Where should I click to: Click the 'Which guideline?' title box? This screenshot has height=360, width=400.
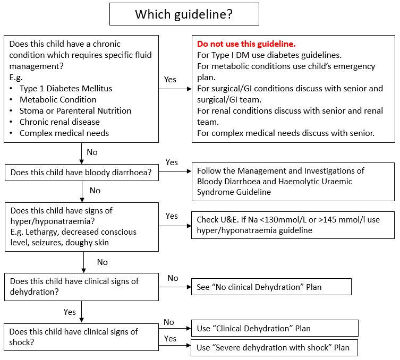[x=184, y=14]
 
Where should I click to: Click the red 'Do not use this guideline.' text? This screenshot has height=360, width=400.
[x=246, y=44]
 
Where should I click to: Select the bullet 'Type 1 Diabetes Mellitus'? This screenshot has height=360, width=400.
[x=66, y=88]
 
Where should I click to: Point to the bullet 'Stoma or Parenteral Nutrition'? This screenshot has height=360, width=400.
[x=75, y=110]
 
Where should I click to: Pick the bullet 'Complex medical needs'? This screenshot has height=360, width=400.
[x=64, y=133]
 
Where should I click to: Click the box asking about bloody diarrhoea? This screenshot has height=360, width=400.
[x=81, y=172]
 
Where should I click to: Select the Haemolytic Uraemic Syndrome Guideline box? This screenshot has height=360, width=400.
[x=293, y=182]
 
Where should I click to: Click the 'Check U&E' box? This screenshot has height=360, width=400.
[x=293, y=225]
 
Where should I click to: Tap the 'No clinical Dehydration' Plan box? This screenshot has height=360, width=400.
[x=271, y=287]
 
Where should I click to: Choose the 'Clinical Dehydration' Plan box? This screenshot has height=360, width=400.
[x=274, y=328]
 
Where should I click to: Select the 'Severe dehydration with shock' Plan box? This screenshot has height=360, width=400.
[x=274, y=348]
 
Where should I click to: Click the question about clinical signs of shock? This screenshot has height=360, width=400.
[x=81, y=337]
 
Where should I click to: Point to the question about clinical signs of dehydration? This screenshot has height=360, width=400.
[x=81, y=287]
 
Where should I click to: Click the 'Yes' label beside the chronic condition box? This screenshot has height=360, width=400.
[x=170, y=79]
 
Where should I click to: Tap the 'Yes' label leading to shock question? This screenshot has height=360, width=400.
[x=70, y=312]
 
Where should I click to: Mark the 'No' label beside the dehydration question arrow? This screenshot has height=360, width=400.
[x=173, y=278]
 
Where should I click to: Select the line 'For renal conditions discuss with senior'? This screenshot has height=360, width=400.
[x=290, y=110]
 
